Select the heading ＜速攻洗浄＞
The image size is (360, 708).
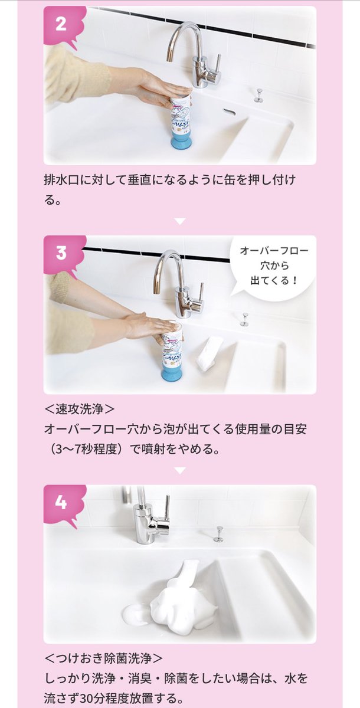(80, 409)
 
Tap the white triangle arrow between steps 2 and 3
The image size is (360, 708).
(180, 221)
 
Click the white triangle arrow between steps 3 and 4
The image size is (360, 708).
(180, 471)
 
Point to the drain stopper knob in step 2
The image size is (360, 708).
(258, 96)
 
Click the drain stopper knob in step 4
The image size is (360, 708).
(218, 534)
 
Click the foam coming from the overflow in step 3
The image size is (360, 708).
(208, 353)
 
